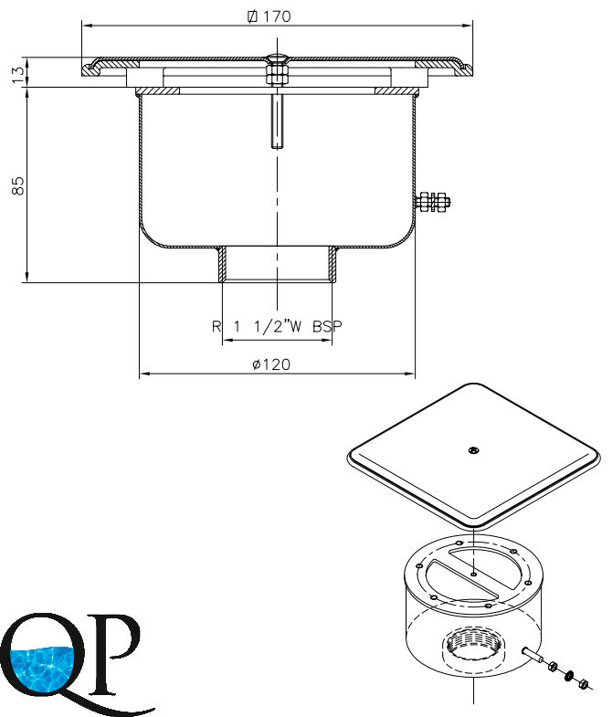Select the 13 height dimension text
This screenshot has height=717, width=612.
click(x=18, y=75)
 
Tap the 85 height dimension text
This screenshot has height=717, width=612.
click(x=18, y=185)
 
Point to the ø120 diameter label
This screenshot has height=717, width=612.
click(x=271, y=364)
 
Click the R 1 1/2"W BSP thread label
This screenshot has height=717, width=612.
click(x=277, y=326)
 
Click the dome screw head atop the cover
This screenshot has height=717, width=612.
click(x=277, y=58)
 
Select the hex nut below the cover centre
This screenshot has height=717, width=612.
click(x=277, y=75)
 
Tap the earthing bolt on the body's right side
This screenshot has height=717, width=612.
click(x=433, y=202)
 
